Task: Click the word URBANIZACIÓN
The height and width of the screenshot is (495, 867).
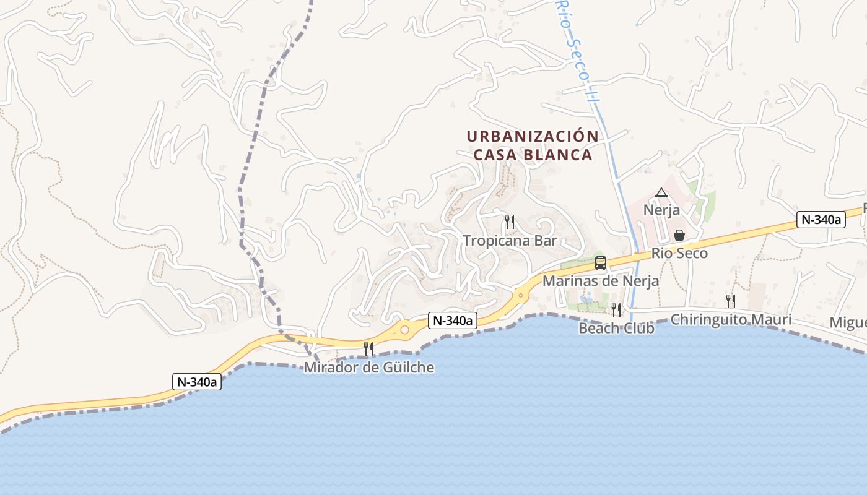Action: tap(533, 136)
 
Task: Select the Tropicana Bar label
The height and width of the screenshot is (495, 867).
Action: tap(510, 241)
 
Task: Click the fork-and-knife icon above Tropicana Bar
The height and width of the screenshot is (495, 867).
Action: tap(510, 222)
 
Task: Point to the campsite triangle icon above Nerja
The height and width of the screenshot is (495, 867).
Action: tap(661, 193)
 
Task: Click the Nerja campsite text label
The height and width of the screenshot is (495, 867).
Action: tap(661, 210)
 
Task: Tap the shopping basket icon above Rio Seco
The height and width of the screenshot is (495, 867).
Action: tap(679, 235)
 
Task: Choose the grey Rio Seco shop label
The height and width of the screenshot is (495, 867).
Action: tap(679, 253)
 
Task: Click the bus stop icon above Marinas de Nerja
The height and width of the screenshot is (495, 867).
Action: tap(601, 263)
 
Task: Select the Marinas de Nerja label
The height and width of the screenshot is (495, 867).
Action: tap(601, 281)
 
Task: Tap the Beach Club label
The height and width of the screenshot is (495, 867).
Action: tap(616, 328)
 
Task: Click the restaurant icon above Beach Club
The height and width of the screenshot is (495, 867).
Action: tap(616, 309)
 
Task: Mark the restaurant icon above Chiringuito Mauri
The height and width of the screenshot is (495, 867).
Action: tap(731, 301)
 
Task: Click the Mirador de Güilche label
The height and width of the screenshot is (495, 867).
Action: tap(368, 368)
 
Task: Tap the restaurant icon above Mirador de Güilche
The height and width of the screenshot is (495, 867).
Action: tap(368, 349)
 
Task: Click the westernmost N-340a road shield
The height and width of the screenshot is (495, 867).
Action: tap(196, 382)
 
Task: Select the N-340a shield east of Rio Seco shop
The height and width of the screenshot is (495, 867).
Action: tap(821, 220)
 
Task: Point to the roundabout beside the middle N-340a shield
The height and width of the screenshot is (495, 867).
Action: tap(404, 330)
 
